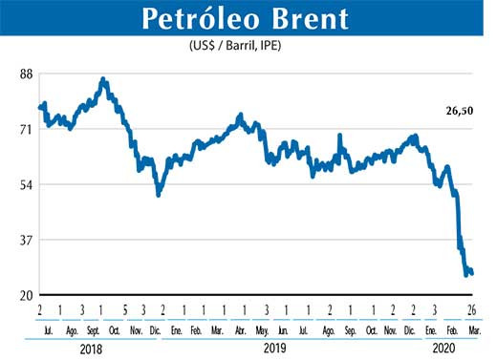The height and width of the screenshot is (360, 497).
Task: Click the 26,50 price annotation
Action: click(x=461, y=111)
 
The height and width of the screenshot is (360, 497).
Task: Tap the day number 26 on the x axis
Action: click(x=472, y=310)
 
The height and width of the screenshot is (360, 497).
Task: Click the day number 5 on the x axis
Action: click(x=125, y=310)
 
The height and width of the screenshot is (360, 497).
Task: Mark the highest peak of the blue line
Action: click(x=103, y=79)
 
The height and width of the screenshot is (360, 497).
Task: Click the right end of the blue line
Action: click(x=472, y=273)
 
